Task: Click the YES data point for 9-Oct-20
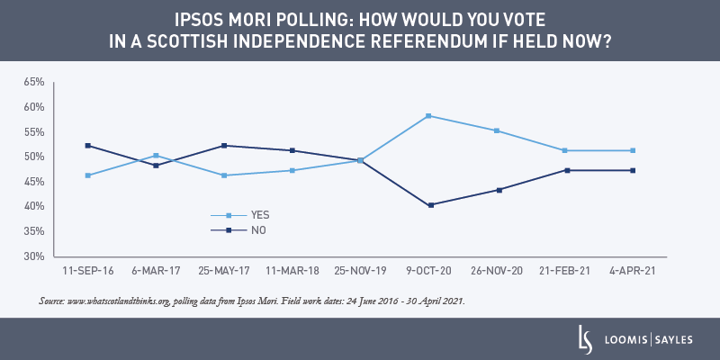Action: [428, 116]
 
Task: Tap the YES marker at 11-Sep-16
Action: [87, 175]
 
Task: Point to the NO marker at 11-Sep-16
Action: [87, 146]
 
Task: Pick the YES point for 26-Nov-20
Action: [497, 130]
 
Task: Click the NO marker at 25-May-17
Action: [224, 146]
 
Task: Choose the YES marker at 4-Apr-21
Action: [633, 150]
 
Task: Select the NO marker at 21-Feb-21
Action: [565, 170]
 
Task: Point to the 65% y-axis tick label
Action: [34, 82]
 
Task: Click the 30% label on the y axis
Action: [34, 256]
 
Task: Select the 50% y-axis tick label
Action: [34, 157]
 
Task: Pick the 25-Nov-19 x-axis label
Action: [360, 270]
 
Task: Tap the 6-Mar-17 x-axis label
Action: [156, 270]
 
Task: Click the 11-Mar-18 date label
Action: [292, 270]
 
